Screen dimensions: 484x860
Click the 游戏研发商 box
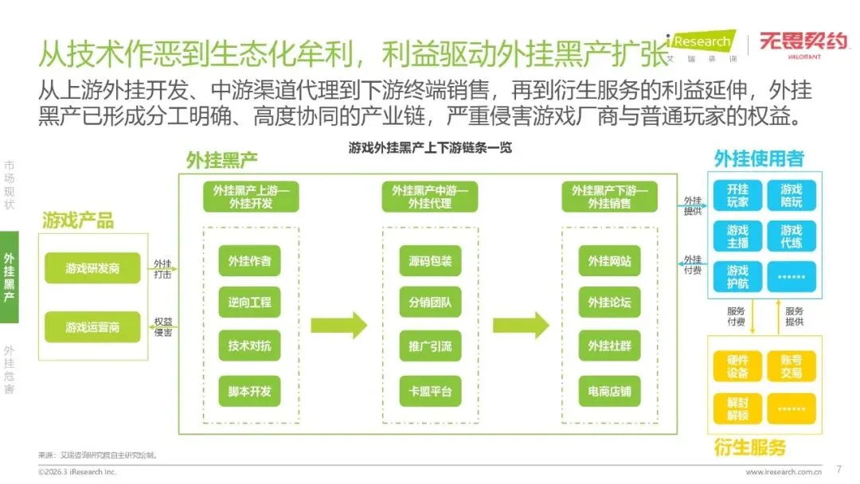click(92, 268)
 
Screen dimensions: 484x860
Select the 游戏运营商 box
click(92, 326)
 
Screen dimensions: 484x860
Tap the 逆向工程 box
click(250, 302)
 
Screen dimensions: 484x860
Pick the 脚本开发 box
click(250, 391)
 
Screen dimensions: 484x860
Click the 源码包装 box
click(430, 260)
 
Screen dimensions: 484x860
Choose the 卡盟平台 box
click(430, 391)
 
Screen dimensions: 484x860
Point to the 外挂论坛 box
click(609, 302)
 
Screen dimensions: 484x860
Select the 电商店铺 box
click(609, 391)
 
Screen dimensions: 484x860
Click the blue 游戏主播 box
click(737, 236)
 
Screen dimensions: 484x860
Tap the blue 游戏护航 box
click(737, 276)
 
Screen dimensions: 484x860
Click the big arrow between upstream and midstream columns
click(338, 325)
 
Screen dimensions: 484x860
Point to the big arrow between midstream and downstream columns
click(521, 325)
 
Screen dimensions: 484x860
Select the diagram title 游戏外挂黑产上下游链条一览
click(430, 147)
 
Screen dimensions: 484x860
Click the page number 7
click(838, 468)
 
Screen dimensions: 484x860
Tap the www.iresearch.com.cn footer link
click(784, 472)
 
